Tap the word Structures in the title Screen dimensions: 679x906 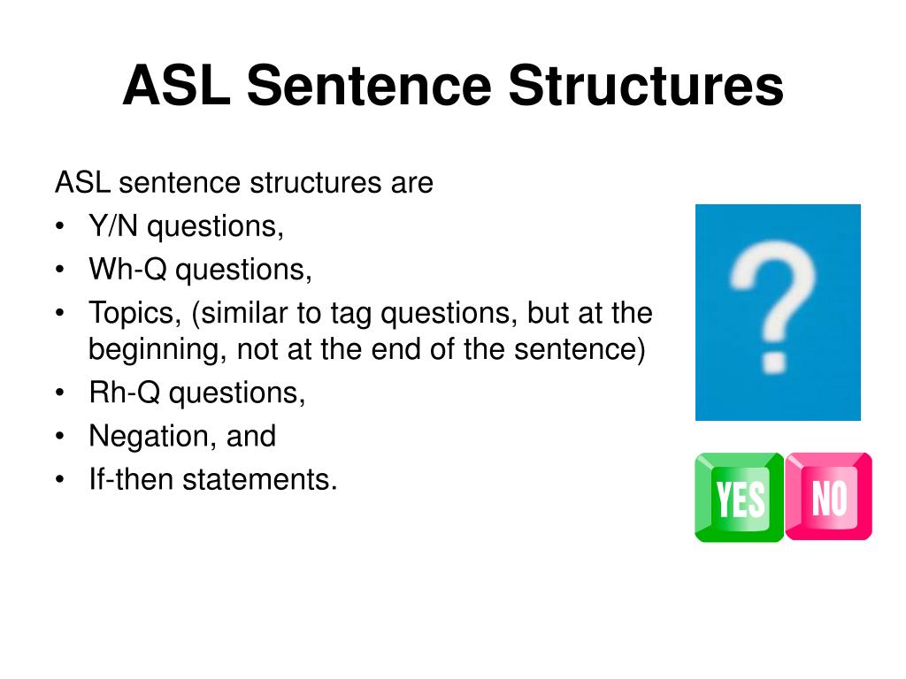click(645, 87)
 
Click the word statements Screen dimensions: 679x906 click(260, 479)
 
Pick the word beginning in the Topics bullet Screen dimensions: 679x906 click(157, 351)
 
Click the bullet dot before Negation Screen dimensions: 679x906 click(59, 436)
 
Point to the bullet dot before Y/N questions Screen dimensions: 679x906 click(59, 227)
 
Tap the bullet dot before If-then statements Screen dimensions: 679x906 click(59, 479)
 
